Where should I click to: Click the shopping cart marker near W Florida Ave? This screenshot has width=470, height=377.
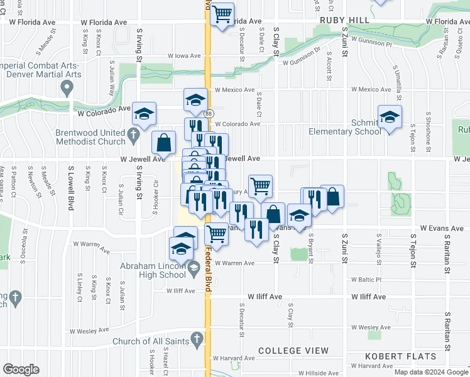[x=222, y=14]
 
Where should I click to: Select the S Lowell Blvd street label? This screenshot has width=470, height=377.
[x=72, y=188]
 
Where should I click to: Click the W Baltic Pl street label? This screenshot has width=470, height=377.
[x=366, y=279]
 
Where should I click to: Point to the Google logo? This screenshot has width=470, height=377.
[x=21, y=369]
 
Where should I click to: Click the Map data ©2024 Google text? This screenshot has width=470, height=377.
[x=431, y=372]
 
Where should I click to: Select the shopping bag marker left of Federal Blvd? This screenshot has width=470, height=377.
[x=163, y=143]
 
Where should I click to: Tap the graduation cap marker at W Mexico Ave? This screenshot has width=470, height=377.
[x=195, y=100]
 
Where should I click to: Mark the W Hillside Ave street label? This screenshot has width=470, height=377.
[x=318, y=373]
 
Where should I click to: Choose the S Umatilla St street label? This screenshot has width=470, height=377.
[x=396, y=79]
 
